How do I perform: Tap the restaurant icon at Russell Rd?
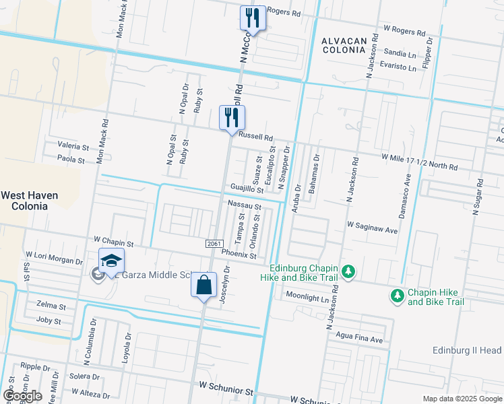[232, 117]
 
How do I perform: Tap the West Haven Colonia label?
[28, 200]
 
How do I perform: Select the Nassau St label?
[244, 205]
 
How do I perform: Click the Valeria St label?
[73, 146]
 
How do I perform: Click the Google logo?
[22, 396]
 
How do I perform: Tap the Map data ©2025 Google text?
[462, 399]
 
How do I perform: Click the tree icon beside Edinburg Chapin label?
[348, 271]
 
